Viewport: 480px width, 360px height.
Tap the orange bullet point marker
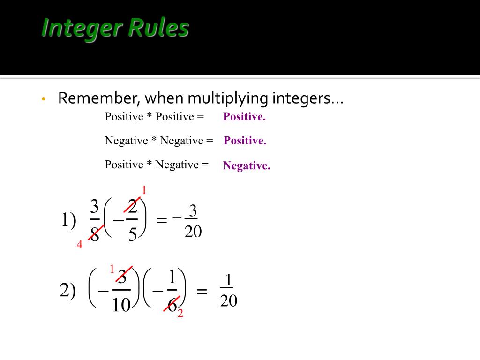[43, 99]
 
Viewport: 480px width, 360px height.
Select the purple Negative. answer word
[247, 165]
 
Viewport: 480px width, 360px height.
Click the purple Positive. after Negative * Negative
[245, 141]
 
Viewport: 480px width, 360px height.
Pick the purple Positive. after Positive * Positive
[244, 117]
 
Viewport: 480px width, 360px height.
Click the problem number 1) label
[68, 220]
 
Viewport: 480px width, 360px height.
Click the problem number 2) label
[68, 291]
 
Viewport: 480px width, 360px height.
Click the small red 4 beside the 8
[80, 245]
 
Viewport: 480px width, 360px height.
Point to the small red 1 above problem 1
[144, 190]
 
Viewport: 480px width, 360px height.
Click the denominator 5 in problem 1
[133, 234]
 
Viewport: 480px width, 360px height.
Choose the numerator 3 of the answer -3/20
[193, 212]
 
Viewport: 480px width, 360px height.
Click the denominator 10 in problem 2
[121, 305]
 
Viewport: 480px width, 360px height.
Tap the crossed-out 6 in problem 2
[172, 305]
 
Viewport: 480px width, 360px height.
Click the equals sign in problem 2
[202, 292]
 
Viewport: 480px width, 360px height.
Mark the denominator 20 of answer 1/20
[229, 301]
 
